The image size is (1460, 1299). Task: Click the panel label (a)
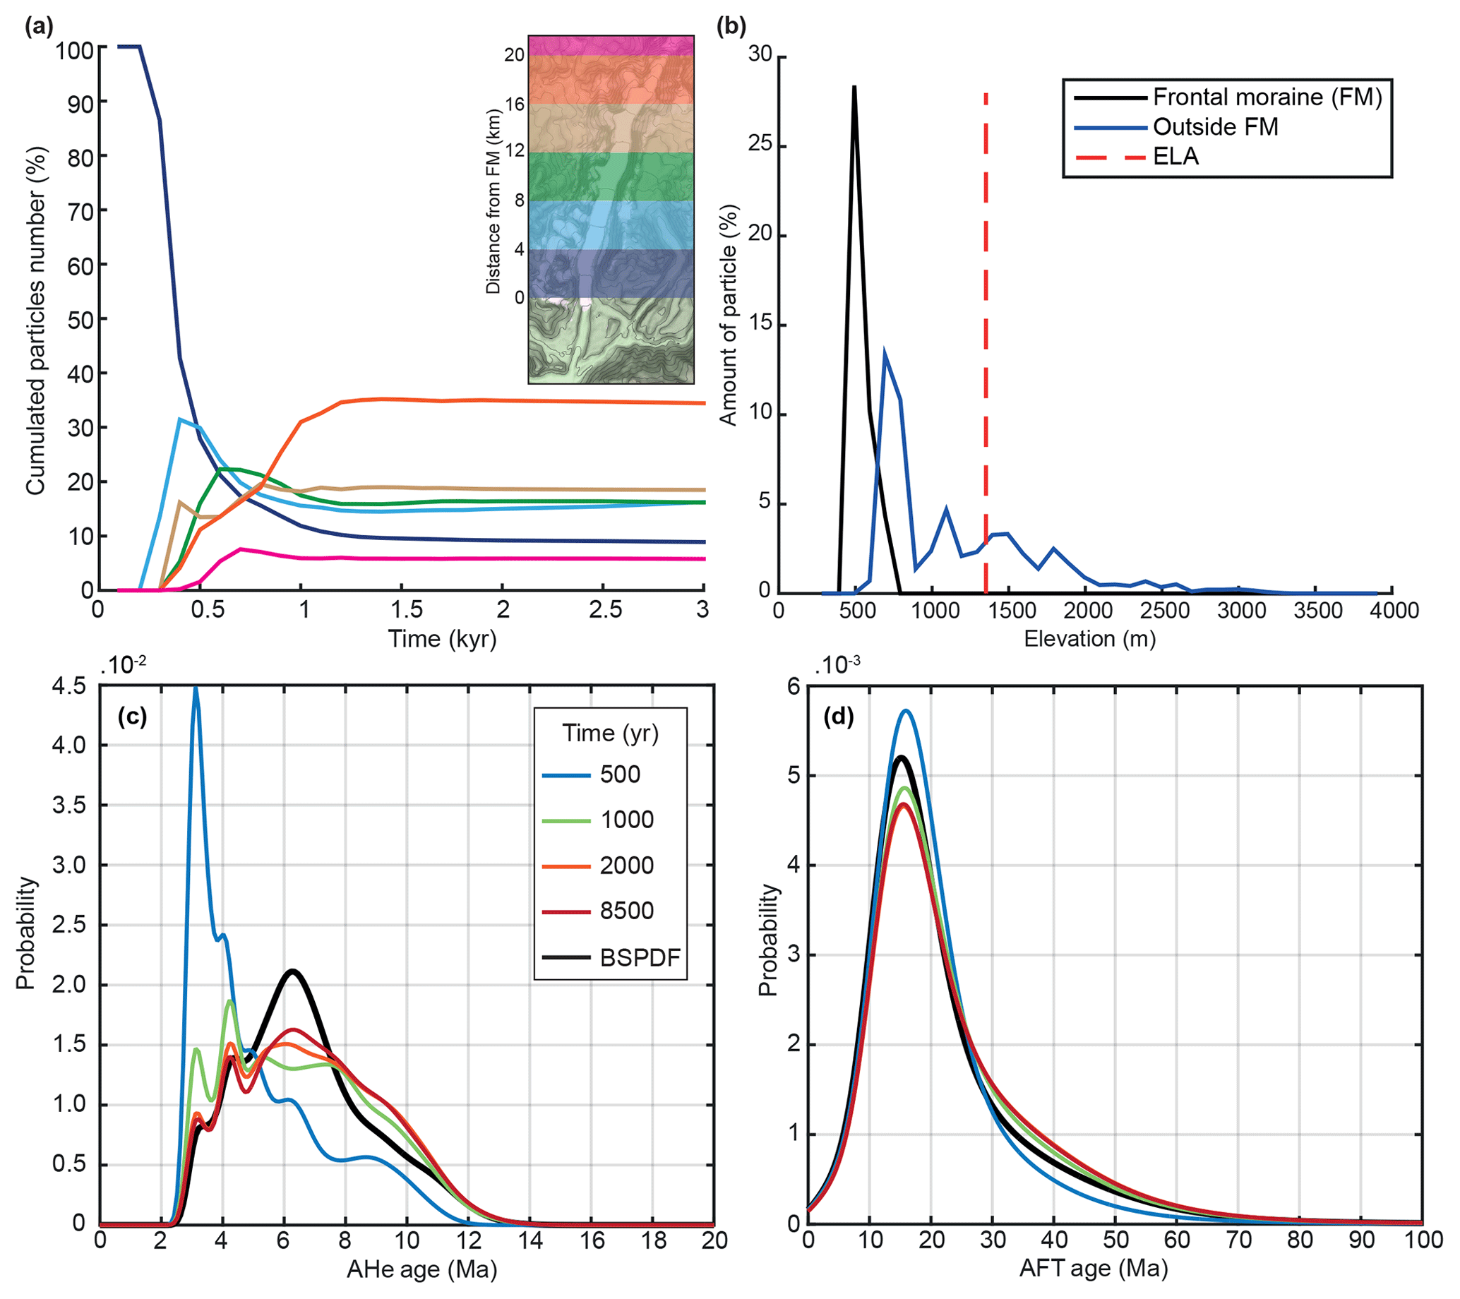coord(39,27)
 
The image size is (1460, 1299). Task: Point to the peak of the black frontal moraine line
coord(854,87)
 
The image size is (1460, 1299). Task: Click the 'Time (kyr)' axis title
coord(441,638)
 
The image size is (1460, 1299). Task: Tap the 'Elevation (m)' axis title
coord(1089,638)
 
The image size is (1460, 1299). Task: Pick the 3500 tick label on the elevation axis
coord(1318,611)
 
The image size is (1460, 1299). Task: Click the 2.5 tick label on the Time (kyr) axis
coord(604,610)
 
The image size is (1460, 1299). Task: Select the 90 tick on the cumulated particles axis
coord(80,104)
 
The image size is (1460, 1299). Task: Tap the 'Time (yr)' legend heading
coord(610,734)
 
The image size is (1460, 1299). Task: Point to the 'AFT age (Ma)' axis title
coord(1094,1269)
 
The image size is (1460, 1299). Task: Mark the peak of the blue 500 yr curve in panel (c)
coord(195,689)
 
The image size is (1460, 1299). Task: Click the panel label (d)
coord(839,717)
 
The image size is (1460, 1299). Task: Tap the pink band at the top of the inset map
coord(611,46)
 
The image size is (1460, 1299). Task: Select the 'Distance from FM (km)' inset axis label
coord(493,201)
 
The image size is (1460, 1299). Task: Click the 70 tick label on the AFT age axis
coord(1238,1240)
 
